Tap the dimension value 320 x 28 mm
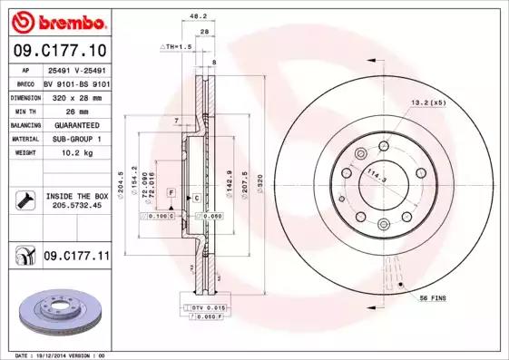pos(76,95)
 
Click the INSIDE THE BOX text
pos(77,196)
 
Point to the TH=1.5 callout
pos(178,44)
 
